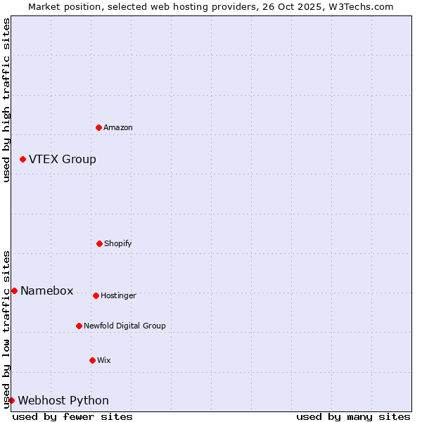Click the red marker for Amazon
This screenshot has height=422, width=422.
click(x=98, y=127)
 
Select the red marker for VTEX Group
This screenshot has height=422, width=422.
click(x=23, y=160)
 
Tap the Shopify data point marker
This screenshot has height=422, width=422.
click(x=99, y=243)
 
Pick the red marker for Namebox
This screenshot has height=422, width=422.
click(x=14, y=290)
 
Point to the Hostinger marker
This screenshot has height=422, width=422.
click(x=96, y=295)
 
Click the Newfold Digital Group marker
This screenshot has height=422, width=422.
click(x=79, y=326)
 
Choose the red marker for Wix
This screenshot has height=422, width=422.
click(x=92, y=360)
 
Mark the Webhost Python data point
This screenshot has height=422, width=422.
click(x=11, y=400)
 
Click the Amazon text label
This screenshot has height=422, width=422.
click(x=118, y=127)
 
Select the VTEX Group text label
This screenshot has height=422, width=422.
click(x=63, y=160)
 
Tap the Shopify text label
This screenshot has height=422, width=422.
click(x=118, y=243)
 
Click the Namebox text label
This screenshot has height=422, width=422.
click(x=47, y=291)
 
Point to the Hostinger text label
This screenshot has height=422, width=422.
click(x=118, y=295)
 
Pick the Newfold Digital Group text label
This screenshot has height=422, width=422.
click(x=124, y=326)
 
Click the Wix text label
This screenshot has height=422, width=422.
click(x=104, y=360)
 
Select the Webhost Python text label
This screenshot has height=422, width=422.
click(x=63, y=401)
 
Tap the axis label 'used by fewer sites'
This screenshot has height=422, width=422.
click(x=72, y=416)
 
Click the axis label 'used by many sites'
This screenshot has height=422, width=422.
click(x=353, y=416)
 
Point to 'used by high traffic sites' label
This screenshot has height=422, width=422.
click(x=6, y=100)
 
